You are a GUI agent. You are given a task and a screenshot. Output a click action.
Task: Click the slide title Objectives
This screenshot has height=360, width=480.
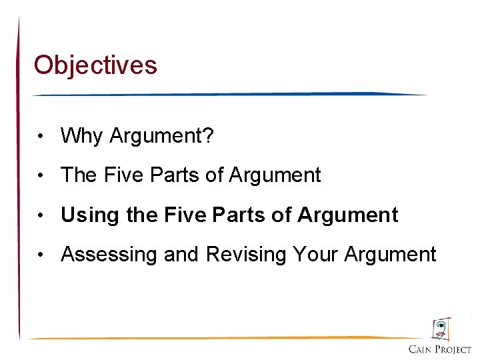coord(95,65)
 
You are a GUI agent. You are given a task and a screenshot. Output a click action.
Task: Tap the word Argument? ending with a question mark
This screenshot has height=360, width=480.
coord(162,136)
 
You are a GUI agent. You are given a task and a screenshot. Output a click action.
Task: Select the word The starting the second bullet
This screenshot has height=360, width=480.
coord(79,175)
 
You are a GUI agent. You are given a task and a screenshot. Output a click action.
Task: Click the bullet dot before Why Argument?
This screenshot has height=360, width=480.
coord(41,137)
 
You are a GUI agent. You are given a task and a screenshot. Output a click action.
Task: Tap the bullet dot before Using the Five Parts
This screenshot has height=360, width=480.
coord(41,216)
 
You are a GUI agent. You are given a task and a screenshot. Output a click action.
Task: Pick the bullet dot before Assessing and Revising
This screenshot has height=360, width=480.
coord(41,255)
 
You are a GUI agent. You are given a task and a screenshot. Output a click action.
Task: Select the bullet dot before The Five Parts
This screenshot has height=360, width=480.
coord(41,177)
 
